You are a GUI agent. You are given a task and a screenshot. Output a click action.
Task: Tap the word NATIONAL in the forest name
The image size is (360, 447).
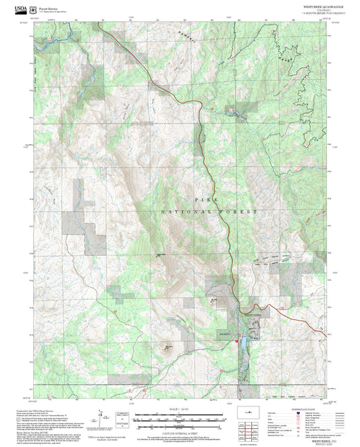(x=184, y=213)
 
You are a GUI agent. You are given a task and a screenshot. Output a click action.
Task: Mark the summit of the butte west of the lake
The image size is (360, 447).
(x=166, y=348)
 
